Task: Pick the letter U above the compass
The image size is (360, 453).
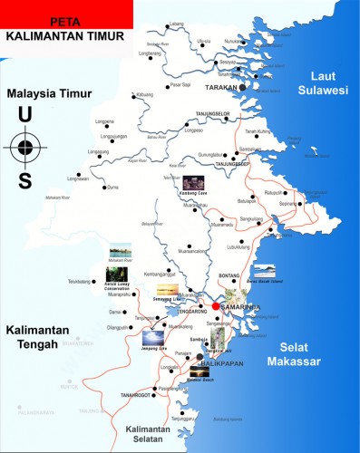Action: pyautogui.click(x=24, y=115)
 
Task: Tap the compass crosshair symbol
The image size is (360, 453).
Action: pyautogui.click(x=24, y=146)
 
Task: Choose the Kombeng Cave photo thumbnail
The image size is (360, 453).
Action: pyautogui.click(x=193, y=182)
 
